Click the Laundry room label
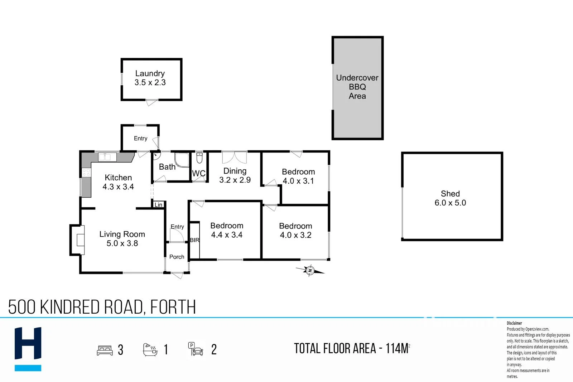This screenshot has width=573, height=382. click(150, 78)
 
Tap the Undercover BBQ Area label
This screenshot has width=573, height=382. click(357, 87)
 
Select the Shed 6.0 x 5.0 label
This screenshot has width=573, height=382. click(450, 198)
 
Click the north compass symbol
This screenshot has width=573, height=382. click(310, 271)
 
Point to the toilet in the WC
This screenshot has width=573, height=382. click(199, 158)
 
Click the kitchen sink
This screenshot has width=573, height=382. click(107, 157)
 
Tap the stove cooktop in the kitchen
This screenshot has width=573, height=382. click(86, 172)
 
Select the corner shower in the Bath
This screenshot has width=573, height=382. click(182, 160)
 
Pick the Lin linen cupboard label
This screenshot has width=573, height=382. click(158, 205)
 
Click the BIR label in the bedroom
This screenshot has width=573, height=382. click(195, 240)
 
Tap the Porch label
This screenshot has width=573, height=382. click(177, 257)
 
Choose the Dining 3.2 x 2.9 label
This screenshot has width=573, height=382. click(235, 175)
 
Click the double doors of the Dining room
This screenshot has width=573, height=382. click(234, 157)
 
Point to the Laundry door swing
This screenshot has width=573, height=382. click(151, 102)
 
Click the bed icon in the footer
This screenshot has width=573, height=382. click(105, 350)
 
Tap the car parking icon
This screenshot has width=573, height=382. click(196, 349)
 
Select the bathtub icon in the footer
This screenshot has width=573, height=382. click(150, 349)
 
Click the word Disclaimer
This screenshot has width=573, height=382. click(514, 323)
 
